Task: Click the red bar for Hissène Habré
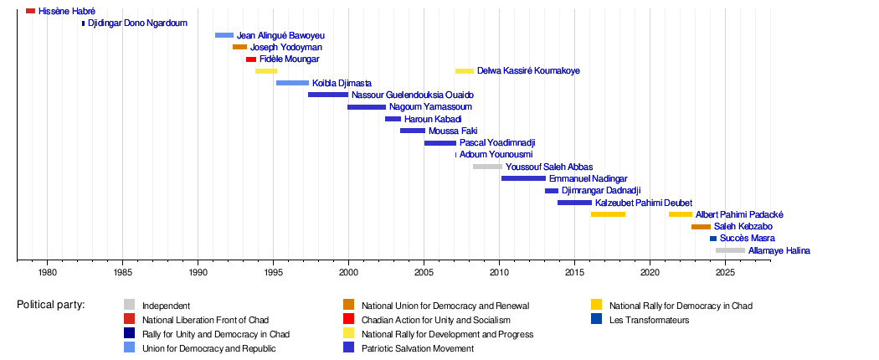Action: [x=30, y=11]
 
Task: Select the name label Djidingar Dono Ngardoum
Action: [x=137, y=23]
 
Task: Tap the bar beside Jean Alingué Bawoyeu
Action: [x=224, y=35]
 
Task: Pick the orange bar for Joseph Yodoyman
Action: [x=239, y=47]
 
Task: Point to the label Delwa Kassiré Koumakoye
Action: [x=528, y=71]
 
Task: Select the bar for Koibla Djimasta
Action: [x=292, y=83]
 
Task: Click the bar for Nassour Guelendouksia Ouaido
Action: [x=328, y=95]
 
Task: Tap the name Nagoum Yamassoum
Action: [x=430, y=107]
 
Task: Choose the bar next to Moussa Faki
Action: [x=412, y=131]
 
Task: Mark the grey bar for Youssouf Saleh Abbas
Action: [x=487, y=167]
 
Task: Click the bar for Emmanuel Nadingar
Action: [x=523, y=178]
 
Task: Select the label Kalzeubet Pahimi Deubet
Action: [x=644, y=203]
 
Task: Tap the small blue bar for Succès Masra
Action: [x=713, y=239]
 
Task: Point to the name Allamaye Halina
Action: [x=779, y=250]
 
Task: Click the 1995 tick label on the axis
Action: [x=273, y=272]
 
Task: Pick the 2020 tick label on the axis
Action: [x=650, y=272]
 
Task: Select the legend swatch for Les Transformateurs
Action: [x=596, y=319]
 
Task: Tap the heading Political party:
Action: [x=50, y=305]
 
